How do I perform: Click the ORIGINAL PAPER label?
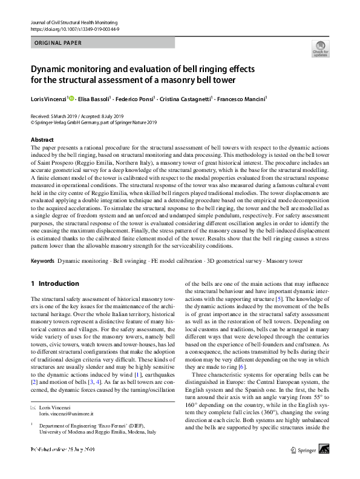pos(56,43)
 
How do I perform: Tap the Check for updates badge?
pos(320,48)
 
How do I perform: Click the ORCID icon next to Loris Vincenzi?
pos(72,97)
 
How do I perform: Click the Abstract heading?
pos(42,139)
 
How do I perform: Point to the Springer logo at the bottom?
pos(305,467)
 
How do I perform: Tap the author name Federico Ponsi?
pos(138,98)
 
